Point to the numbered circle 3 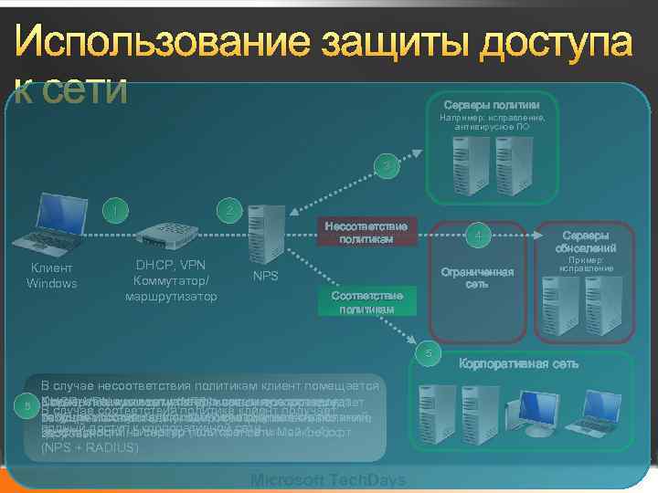click(387, 167)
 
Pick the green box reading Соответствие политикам click(366, 302)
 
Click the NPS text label click(266, 275)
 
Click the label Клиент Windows click(52, 276)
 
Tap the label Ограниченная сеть click(477, 278)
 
